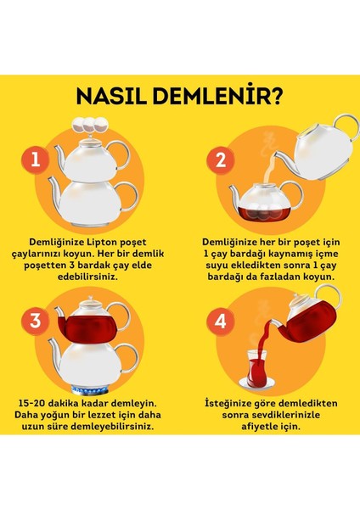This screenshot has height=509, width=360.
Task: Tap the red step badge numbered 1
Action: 33,158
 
